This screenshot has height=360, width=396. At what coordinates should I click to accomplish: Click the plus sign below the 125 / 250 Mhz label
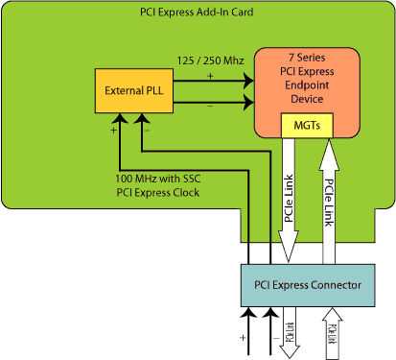pos(210,74)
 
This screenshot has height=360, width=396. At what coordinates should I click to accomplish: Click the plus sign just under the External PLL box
pos(113,128)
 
